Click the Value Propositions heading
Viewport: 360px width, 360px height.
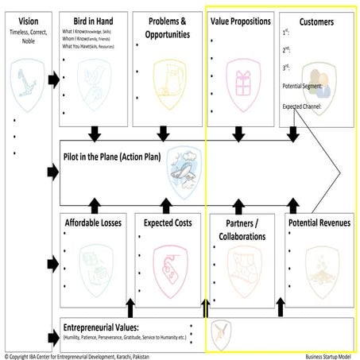point(241,21)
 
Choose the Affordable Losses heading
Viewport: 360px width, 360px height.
point(92,223)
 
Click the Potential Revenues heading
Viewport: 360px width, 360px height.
point(318,223)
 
